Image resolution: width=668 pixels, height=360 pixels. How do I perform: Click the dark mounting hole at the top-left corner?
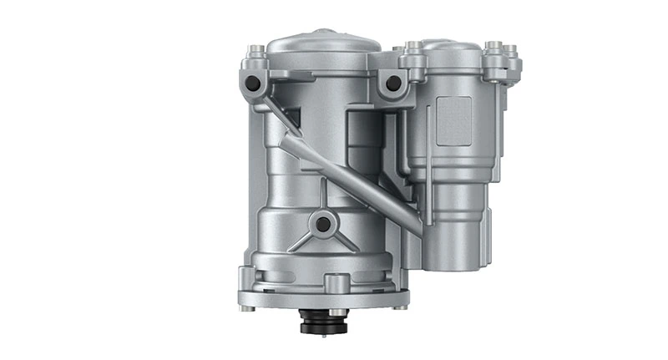[x=252, y=84]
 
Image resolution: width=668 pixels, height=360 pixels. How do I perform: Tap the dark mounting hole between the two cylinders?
[x=390, y=84]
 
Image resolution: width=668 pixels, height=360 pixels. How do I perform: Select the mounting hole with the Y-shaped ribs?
[x=322, y=223]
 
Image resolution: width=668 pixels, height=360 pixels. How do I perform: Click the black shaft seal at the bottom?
[x=324, y=322]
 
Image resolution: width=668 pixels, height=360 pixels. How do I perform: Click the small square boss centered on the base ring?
[x=336, y=283]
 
